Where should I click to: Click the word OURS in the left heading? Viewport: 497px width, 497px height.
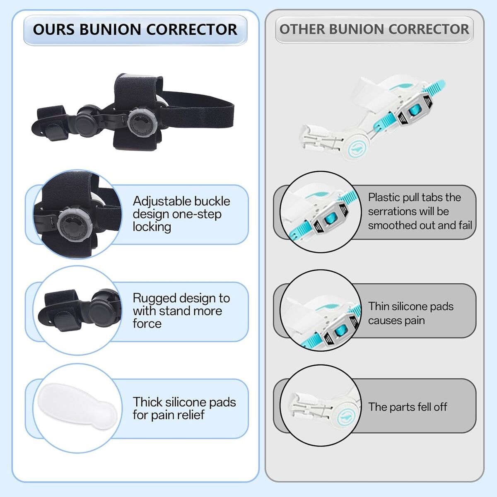coord(54,30)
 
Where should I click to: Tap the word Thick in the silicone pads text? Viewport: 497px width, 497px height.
coord(147,402)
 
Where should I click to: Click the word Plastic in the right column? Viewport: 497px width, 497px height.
coord(384,198)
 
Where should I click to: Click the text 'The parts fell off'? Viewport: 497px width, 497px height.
coord(408,407)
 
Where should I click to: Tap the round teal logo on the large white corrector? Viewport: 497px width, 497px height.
coord(355,148)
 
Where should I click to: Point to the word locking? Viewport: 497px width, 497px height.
coord(152,227)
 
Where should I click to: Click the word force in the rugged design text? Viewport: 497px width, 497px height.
coord(147,323)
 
